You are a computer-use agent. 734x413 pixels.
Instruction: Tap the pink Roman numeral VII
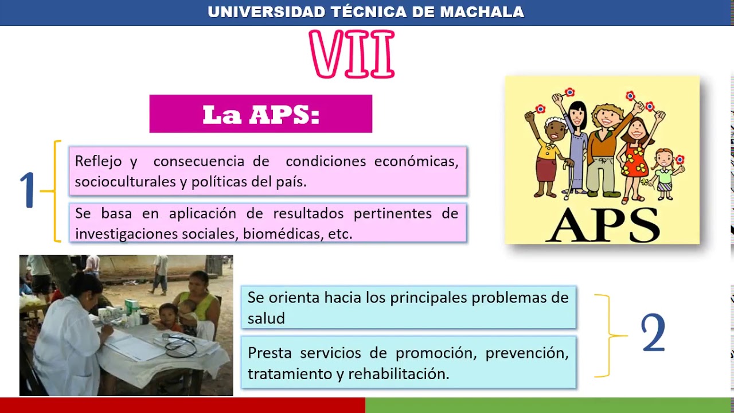point(352,54)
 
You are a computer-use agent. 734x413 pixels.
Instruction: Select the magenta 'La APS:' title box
point(261,114)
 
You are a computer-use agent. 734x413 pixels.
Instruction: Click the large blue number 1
point(28,190)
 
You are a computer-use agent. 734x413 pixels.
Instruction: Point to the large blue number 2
point(653,334)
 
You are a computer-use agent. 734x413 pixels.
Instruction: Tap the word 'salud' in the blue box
point(266,319)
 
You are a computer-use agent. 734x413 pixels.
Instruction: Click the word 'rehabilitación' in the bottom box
point(399,374)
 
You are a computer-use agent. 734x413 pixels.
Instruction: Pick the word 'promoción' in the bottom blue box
point(436,353)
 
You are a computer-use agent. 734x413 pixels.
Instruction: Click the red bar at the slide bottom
point(182,405)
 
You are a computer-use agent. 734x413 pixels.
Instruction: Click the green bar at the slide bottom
point(549,405)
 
